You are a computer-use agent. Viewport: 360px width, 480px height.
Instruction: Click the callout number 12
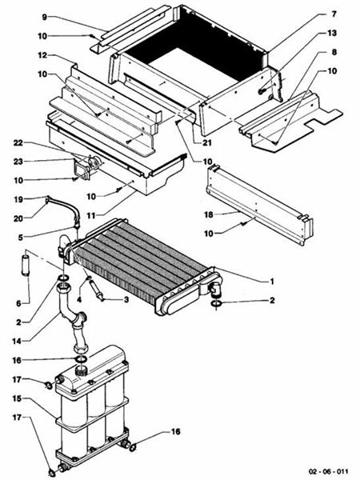40,56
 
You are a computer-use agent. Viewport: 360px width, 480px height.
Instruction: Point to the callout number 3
126,299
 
